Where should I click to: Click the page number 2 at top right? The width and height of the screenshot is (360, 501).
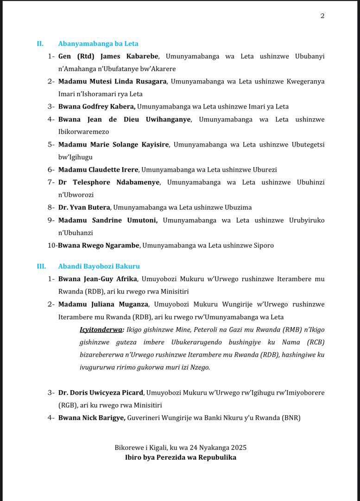pyautogui.click(x=322, y=16)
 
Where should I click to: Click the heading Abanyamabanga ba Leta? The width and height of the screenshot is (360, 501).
pyautogui.click(x=98, y=44)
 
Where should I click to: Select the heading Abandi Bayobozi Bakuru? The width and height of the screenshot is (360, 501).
pyautogui.click(x=99, y=266)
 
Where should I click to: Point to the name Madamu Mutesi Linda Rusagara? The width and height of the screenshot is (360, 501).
pyautogui.click(x=113, y=81)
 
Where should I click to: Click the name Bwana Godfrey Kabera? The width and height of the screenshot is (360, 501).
pyautogui.click(x=96, y=107)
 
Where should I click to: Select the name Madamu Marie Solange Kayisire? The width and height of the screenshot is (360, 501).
pyautogui.click(x=114, y=145)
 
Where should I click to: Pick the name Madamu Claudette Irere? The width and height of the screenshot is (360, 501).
pyautogui.click(x=98, y=170)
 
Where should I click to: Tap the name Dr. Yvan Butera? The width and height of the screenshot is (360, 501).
pyautogui.click(x=84, y=207)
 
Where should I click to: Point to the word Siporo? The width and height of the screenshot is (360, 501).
pyautogui.click(x=264, y=245)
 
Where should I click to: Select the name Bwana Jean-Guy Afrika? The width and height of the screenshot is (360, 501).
pyautogui.click(x=97, y=279)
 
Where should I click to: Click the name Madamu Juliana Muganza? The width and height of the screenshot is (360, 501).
pyautogui.click(x=103, y=304)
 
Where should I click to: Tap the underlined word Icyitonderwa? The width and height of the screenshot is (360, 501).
pyautogui.click(x=101, y=330)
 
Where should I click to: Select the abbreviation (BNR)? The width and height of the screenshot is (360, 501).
pyautogui.click(x=291, y=418)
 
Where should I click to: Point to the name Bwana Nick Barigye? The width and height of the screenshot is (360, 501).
pyautogui.click(x=91, y=418)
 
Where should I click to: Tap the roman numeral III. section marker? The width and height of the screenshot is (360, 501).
pyautogui.click(x=42, y=266)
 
